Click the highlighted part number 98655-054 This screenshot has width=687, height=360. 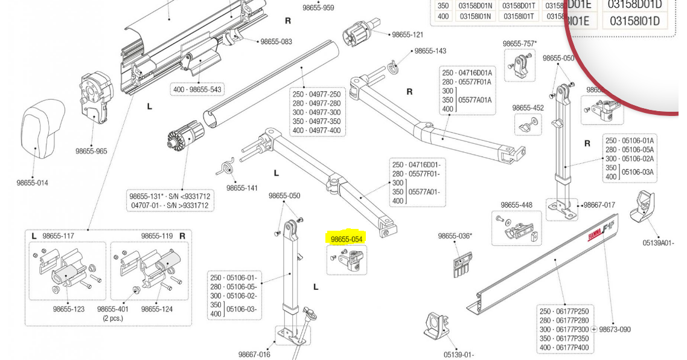[x=347, y=239]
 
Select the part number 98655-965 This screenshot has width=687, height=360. [x=91, y=151]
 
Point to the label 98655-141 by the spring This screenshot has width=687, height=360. [x=242, y=188]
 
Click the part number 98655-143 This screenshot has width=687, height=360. [x=430, y=51]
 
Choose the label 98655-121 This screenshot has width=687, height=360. [x=407, y=35]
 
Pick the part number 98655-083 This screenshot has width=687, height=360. [x=276, y=42]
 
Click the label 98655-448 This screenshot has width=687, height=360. [x=517, y=205]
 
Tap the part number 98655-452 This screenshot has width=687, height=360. [x=528, y=108]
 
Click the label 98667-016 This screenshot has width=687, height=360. [x=254, y=355]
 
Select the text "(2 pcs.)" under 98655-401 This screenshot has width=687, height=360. [x=113, y=318]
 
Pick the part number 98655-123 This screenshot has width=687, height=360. [x=68, y=309]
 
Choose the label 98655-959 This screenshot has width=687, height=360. [x=318, y=8]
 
